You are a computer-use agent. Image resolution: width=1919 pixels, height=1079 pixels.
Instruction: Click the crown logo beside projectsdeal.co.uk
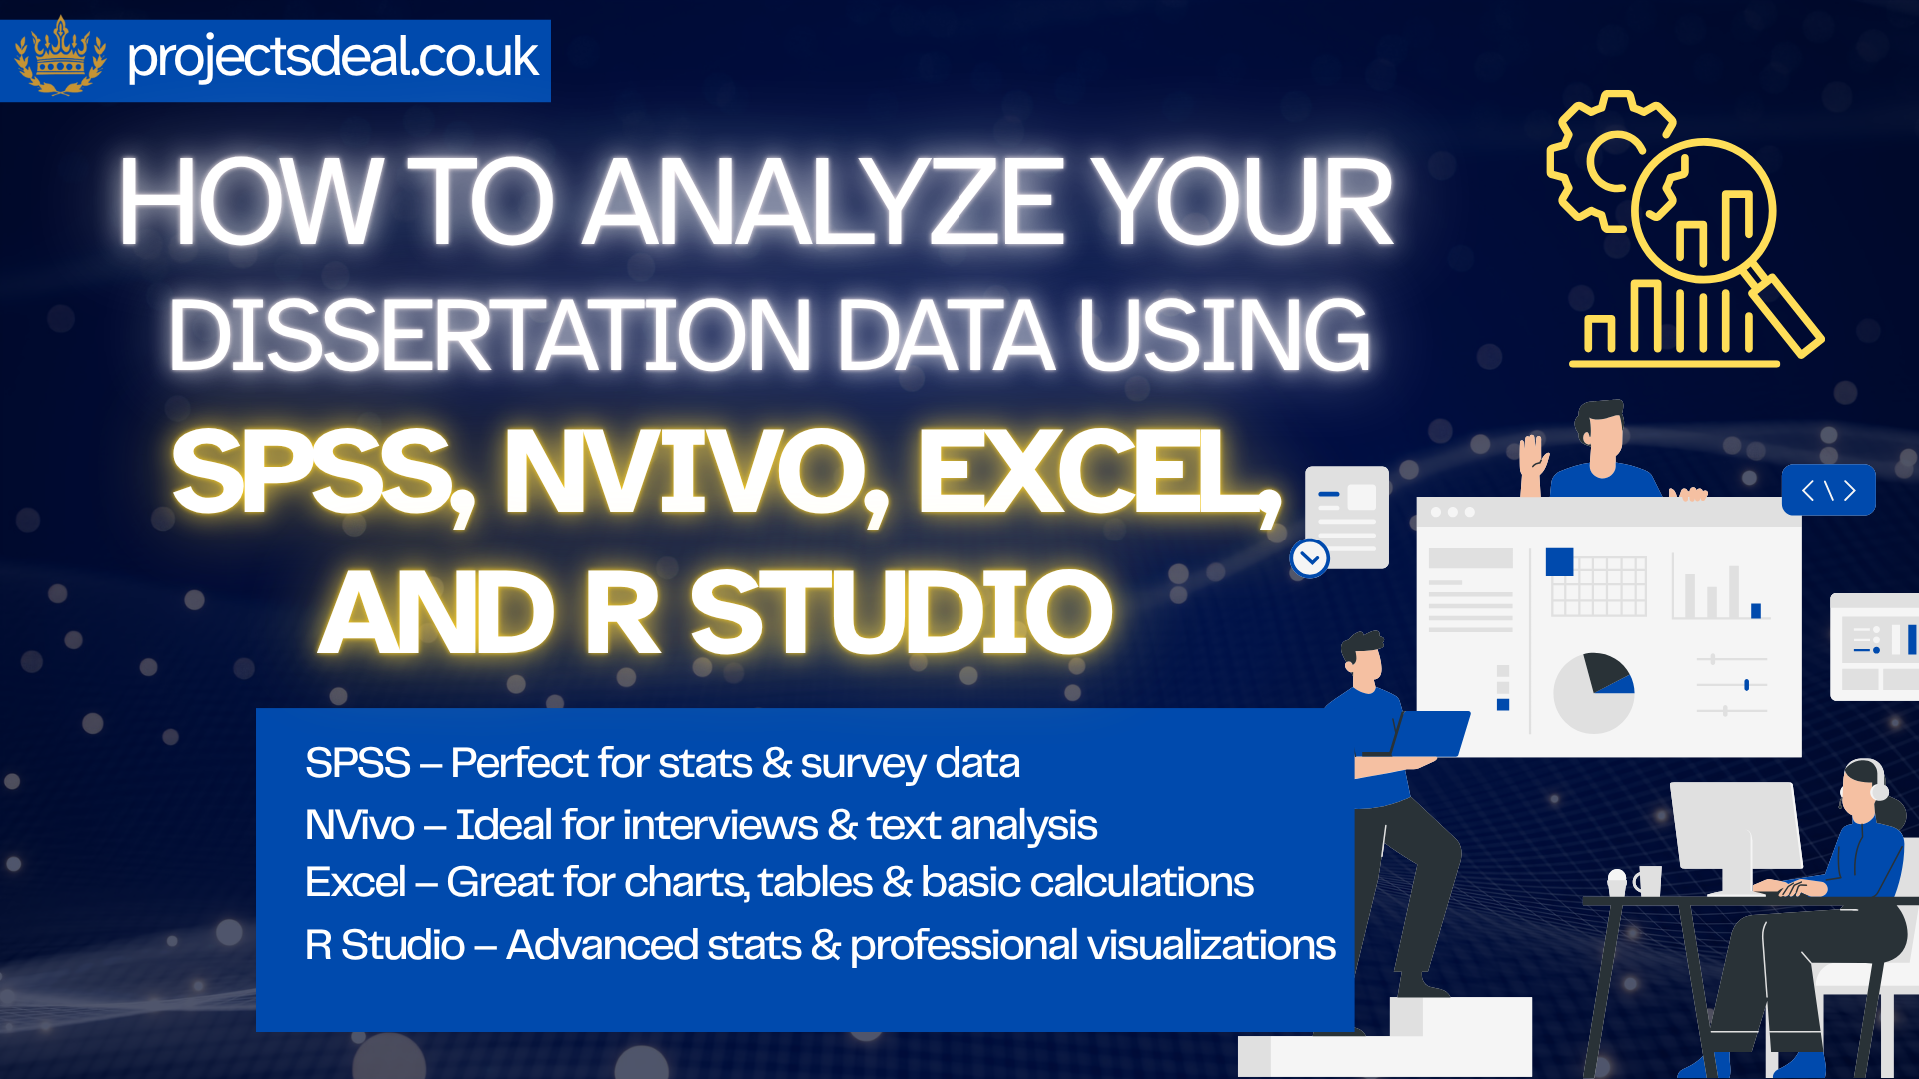point(61,57)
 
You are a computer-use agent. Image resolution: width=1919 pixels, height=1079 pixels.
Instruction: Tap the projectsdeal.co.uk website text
point(333,57)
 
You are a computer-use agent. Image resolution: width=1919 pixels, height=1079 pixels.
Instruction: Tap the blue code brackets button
point(1828,490)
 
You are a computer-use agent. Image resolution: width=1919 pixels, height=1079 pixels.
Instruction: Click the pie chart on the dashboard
point(1594,692)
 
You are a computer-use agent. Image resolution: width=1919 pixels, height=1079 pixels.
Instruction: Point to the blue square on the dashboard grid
point(1559,562)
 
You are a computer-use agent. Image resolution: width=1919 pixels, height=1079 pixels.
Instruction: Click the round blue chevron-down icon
point(1310,558)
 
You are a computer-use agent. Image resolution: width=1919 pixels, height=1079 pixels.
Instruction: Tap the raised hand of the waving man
point(1532,455)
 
